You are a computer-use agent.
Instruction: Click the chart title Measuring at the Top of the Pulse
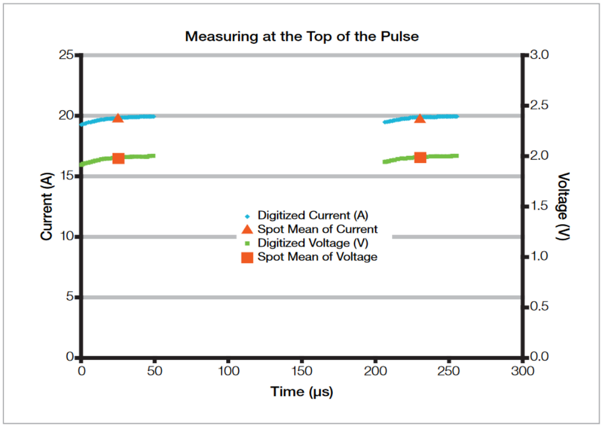(x=302, y=37)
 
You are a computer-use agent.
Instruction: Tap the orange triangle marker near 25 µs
(x=118, y=118)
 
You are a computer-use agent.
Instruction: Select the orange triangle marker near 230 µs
(x=420, y=118)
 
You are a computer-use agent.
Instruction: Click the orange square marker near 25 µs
(x=118, y=158)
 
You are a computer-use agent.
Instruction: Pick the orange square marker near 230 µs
(x=420, y=158)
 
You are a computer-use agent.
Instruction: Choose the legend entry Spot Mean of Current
(x=317, y=229)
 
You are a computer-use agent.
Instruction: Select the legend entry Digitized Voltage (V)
(x=313, y=243)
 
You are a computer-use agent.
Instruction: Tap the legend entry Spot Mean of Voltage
(x=317, y=257)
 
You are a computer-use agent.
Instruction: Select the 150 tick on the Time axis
(x=302, y=371)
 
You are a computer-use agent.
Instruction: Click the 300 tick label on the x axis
(x=522, y=371)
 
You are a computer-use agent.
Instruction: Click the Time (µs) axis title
(x=302, y=391)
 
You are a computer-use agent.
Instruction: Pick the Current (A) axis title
(x=47, y=206)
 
